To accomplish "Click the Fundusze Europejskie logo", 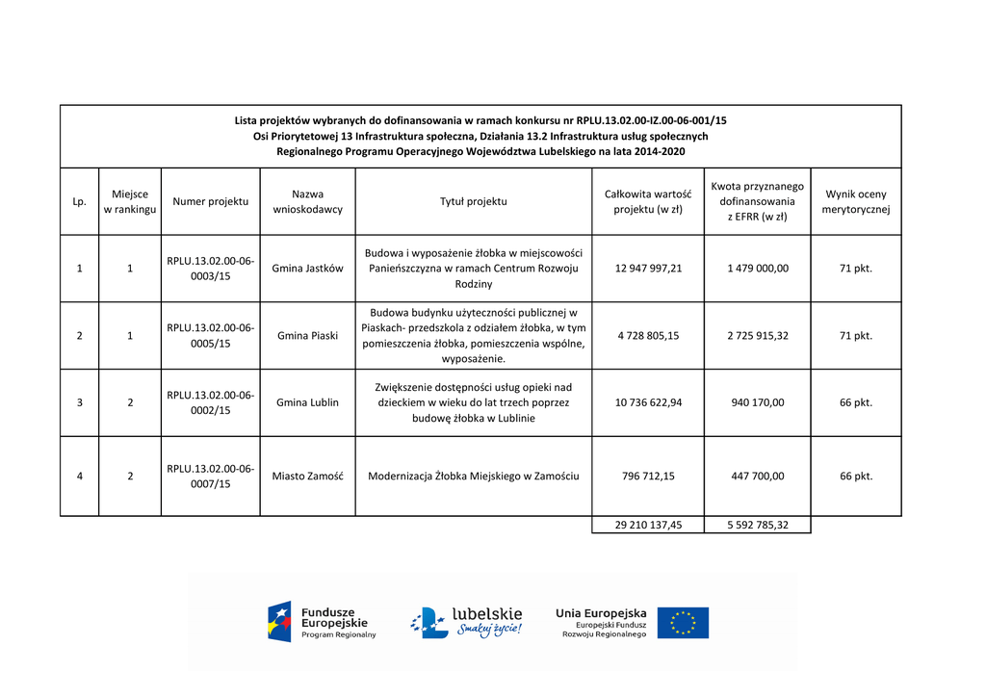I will tap(322, 622).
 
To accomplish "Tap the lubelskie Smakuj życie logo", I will tap(467, 622).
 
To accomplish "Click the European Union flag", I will tap(683, 623).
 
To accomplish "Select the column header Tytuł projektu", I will tap(473, 201).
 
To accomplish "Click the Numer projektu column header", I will tap(210, 201).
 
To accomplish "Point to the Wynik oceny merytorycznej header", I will tap(855, 201).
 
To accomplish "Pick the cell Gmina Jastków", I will tap(307, 269).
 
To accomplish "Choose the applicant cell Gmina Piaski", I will tap(307, 336).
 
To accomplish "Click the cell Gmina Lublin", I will tap(307, 402).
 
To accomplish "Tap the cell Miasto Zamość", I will tap(307, 476).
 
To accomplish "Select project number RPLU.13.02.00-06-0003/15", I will tap(210, 269).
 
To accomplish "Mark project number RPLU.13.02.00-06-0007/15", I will tap(210, 476).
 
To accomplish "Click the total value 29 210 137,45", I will tap(648, 525).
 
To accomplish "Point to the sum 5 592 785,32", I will tap(757, 525).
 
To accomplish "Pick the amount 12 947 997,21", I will tap(648, 269).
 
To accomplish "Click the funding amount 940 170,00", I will tap(757, 402).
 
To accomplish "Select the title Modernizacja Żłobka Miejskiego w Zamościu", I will tap(473, 476).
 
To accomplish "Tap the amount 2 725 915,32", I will tap(757, 336).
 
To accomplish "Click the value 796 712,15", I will tap(648, 476).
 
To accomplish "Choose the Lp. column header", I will tap(79, 202).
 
